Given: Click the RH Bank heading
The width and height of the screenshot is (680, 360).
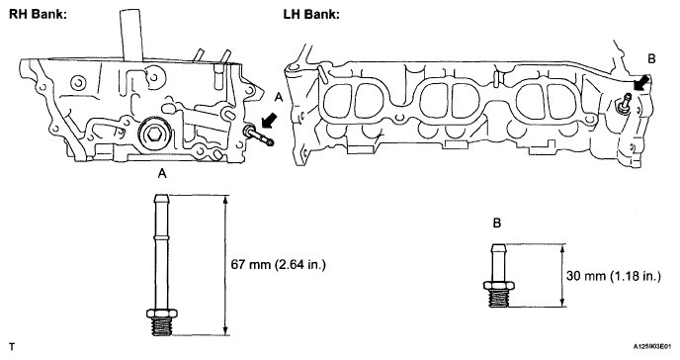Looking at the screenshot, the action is click(x=39, y=14).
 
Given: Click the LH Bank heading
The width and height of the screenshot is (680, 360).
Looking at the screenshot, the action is click(x=311, y=14).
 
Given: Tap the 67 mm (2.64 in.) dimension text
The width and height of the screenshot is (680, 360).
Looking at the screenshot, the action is click(x=278, y=265).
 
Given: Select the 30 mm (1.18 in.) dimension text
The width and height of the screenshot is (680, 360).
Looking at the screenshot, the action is click(x=614, y=276).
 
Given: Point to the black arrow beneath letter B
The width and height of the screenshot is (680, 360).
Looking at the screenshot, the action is click(x=641, y=82).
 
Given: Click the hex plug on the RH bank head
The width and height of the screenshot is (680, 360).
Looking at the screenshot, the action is click(x=151, y=135).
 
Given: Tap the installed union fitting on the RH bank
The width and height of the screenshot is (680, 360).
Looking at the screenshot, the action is click(x=258, y=135).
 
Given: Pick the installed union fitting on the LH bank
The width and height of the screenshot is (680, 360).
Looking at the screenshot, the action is click(x=625, y=105).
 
